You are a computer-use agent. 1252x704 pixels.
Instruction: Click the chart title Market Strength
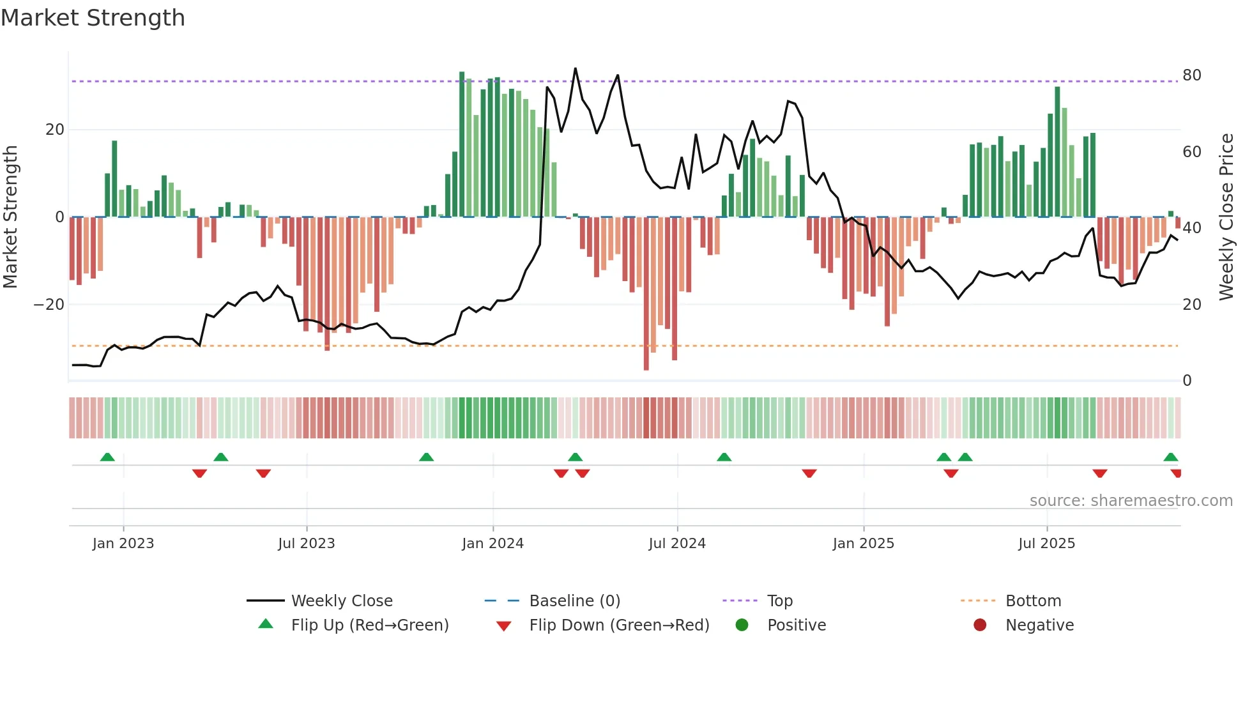click(93, 18)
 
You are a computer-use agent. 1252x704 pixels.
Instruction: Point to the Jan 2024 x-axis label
click(492, 544)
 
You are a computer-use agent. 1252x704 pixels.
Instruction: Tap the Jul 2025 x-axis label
click(1046, 544)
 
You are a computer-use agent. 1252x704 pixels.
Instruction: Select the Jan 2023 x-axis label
click(123, 544)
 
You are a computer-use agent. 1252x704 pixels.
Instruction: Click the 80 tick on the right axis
click(1191, 75)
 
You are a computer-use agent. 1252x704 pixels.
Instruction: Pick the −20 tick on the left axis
click(49, 305)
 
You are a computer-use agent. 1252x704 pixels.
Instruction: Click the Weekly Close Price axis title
click(1226, 217)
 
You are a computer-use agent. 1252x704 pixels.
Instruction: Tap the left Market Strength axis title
click(11, 217)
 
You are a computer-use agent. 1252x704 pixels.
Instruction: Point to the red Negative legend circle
click(980, 625)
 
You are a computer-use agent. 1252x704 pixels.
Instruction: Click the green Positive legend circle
click(742, 625)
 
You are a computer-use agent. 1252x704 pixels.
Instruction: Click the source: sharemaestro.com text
click(1131, 501)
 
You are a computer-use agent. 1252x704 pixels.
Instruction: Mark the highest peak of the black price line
click(576, 68)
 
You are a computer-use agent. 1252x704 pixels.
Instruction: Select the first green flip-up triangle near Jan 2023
click(107, 457)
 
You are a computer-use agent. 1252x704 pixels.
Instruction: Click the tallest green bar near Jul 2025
click(1057, 152)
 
